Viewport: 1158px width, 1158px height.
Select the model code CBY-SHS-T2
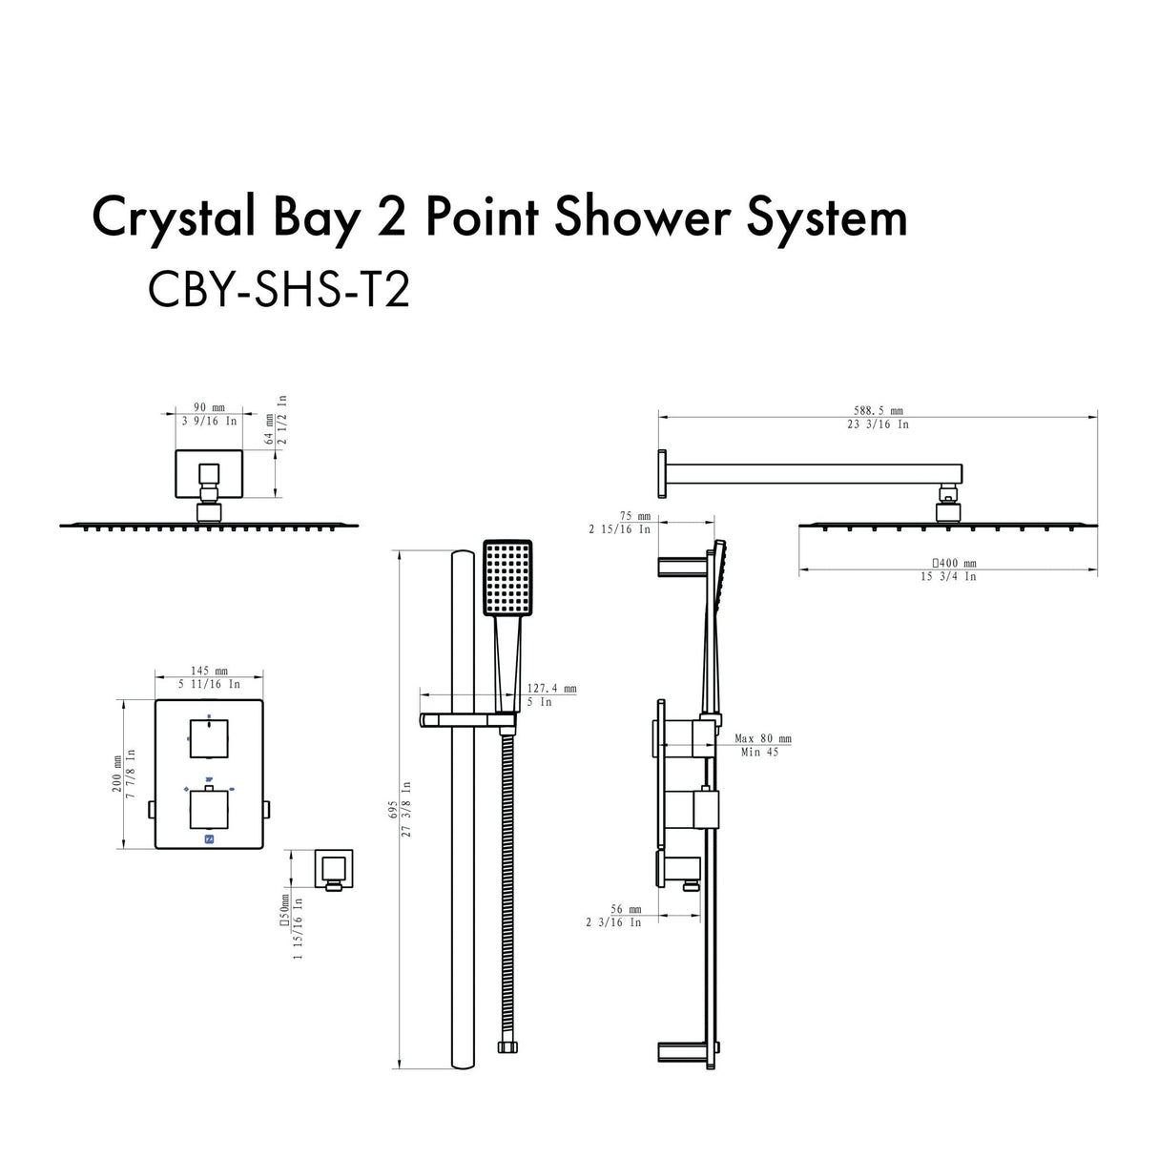(x=279, y=289)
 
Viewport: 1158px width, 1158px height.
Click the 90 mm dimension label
(x=207, y=408)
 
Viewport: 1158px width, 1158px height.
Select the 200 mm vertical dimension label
(x=116, y=774)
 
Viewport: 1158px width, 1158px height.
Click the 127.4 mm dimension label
(x=551, y=689)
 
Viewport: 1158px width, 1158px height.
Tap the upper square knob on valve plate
(x=209, y=738)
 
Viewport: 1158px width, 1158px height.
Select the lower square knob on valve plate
(x=209, y=809)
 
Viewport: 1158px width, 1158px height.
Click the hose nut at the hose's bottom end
(x=507, y=1047)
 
